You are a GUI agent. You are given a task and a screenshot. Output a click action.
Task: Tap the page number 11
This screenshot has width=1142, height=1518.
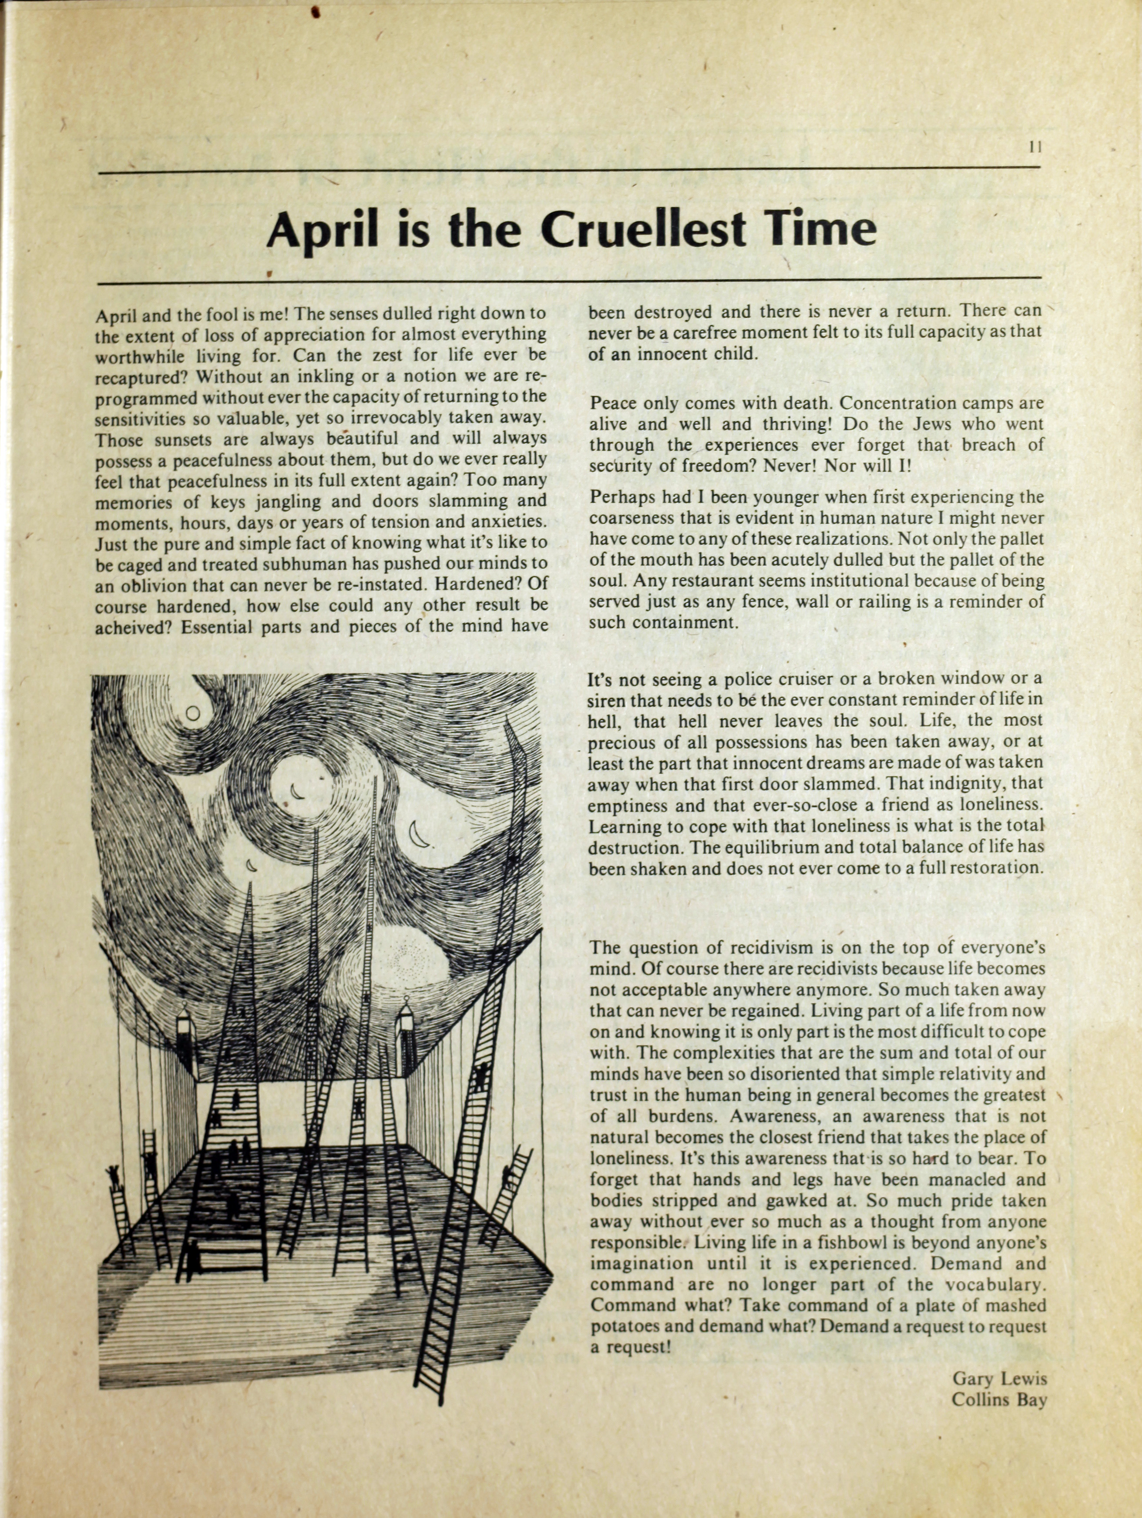(x=1036, y=146)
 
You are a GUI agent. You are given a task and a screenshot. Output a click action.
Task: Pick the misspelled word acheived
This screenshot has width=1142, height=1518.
(x=132, y=627)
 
